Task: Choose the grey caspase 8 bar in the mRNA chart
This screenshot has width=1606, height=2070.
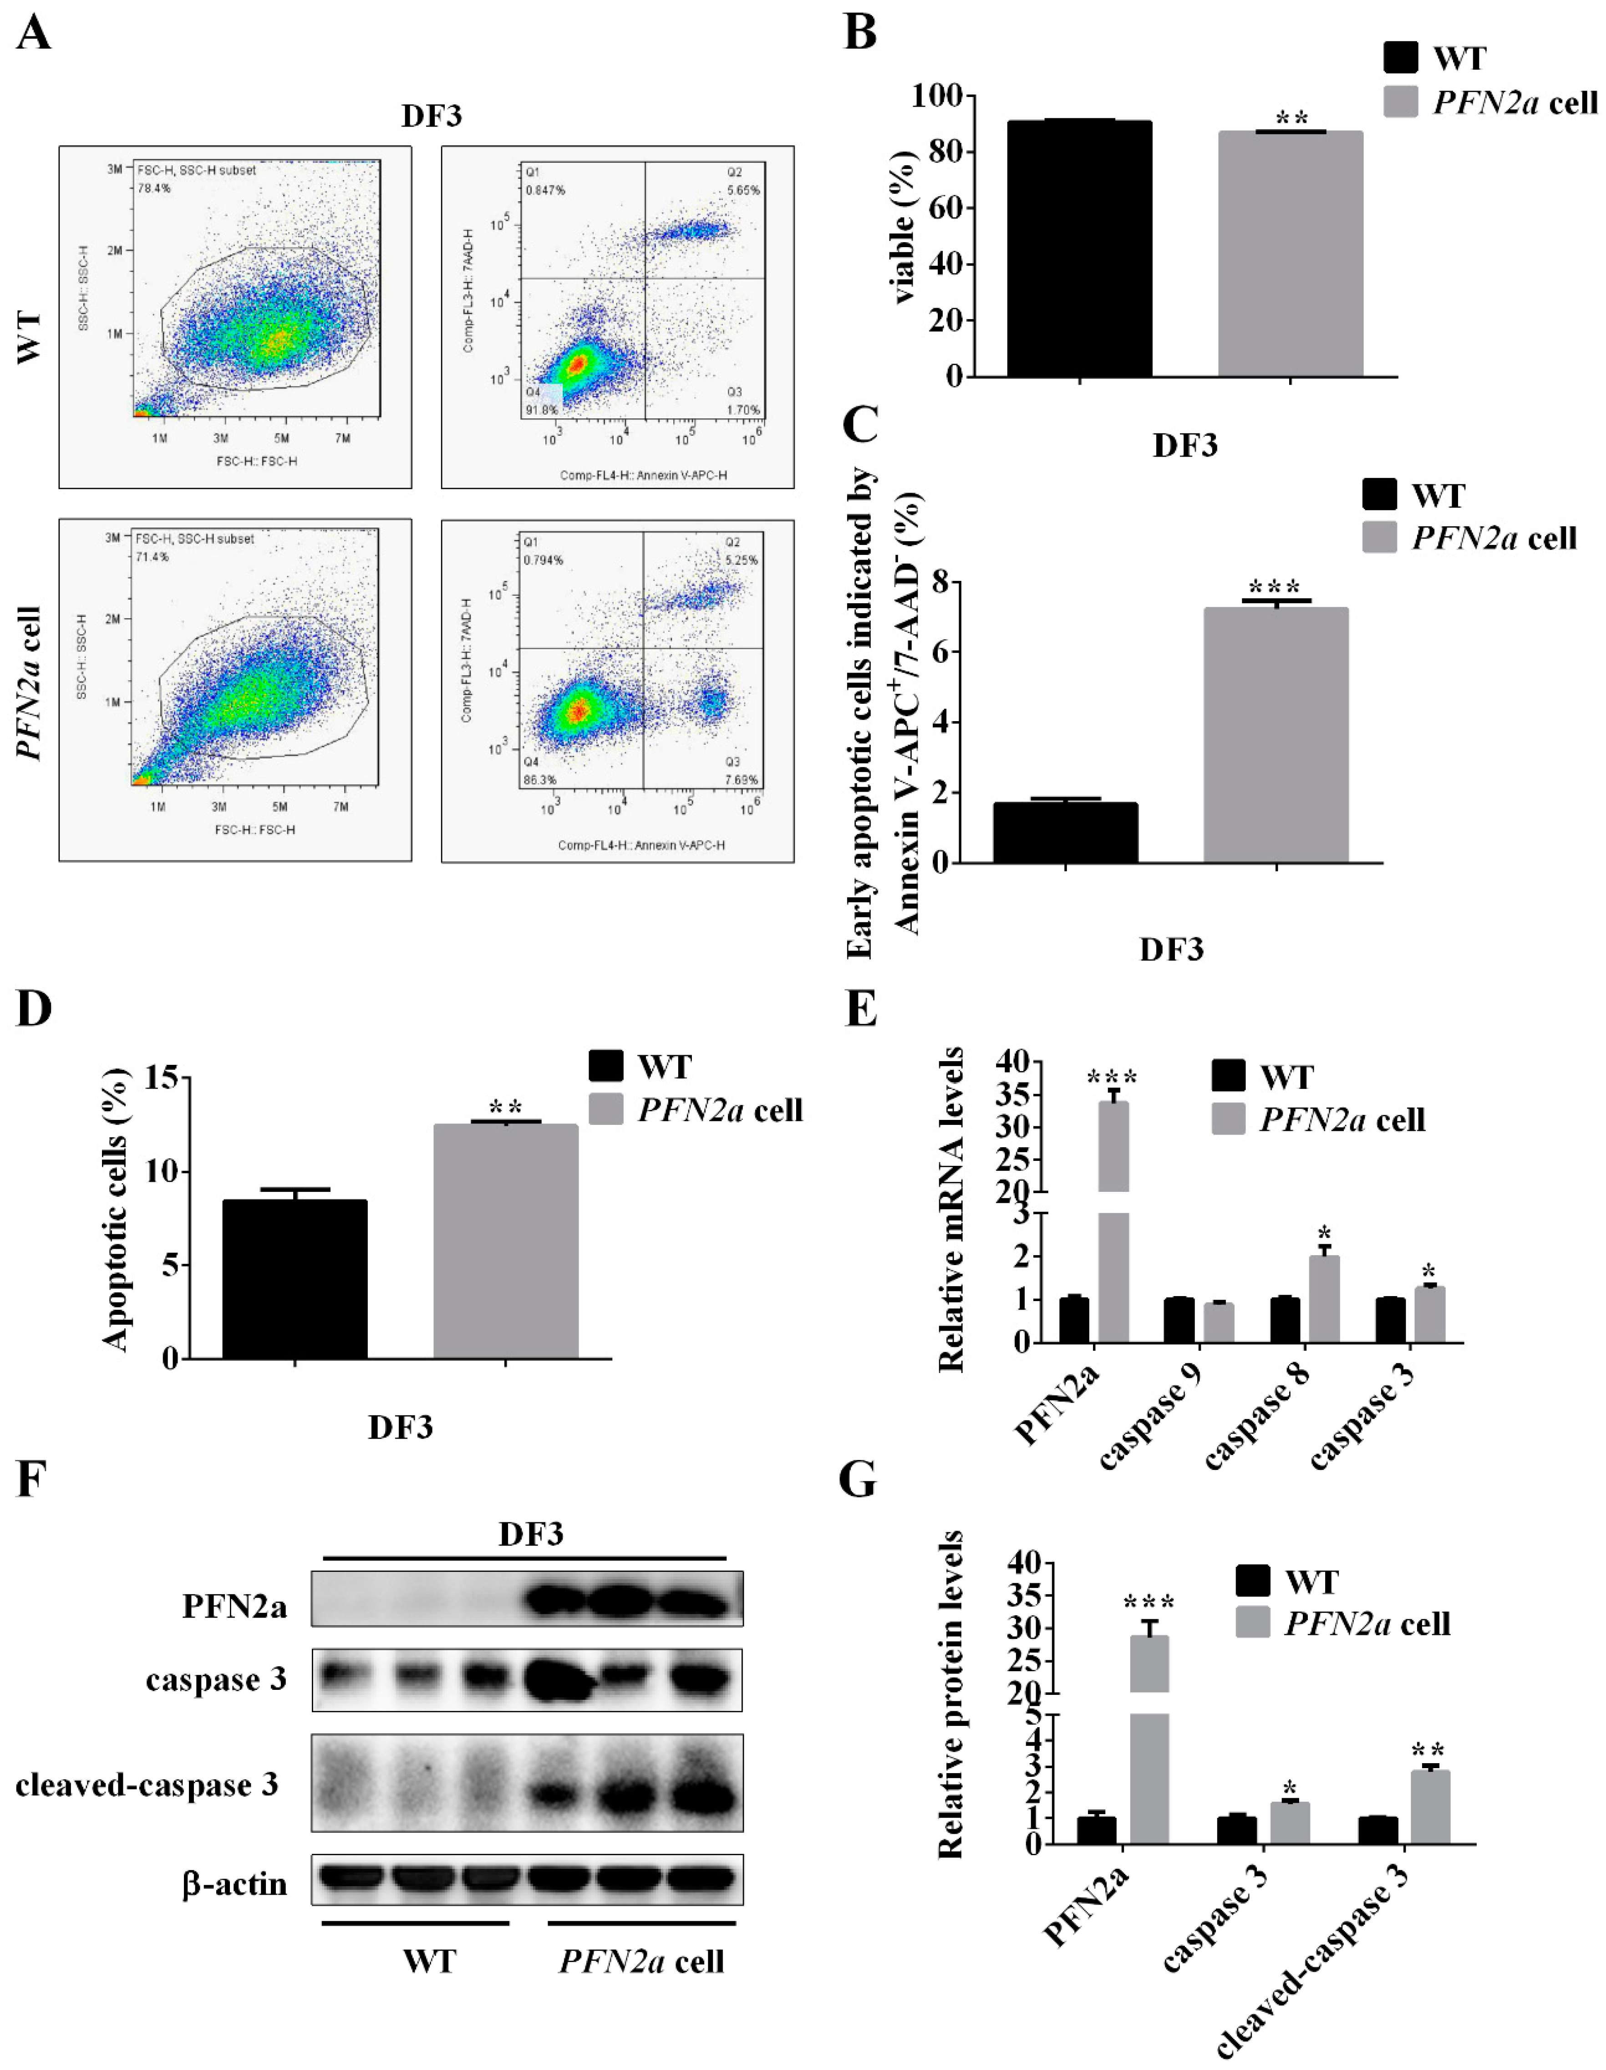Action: click(x=1324, y=1298)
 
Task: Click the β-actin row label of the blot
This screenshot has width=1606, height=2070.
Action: click(x=235, y=1883)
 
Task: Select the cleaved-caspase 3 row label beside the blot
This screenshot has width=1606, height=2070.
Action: click(x=147, y=1785)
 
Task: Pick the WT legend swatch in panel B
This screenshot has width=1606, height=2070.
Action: click(x=1399, y=58)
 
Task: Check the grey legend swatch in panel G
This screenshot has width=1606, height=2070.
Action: click(x=1253, y=1623)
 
